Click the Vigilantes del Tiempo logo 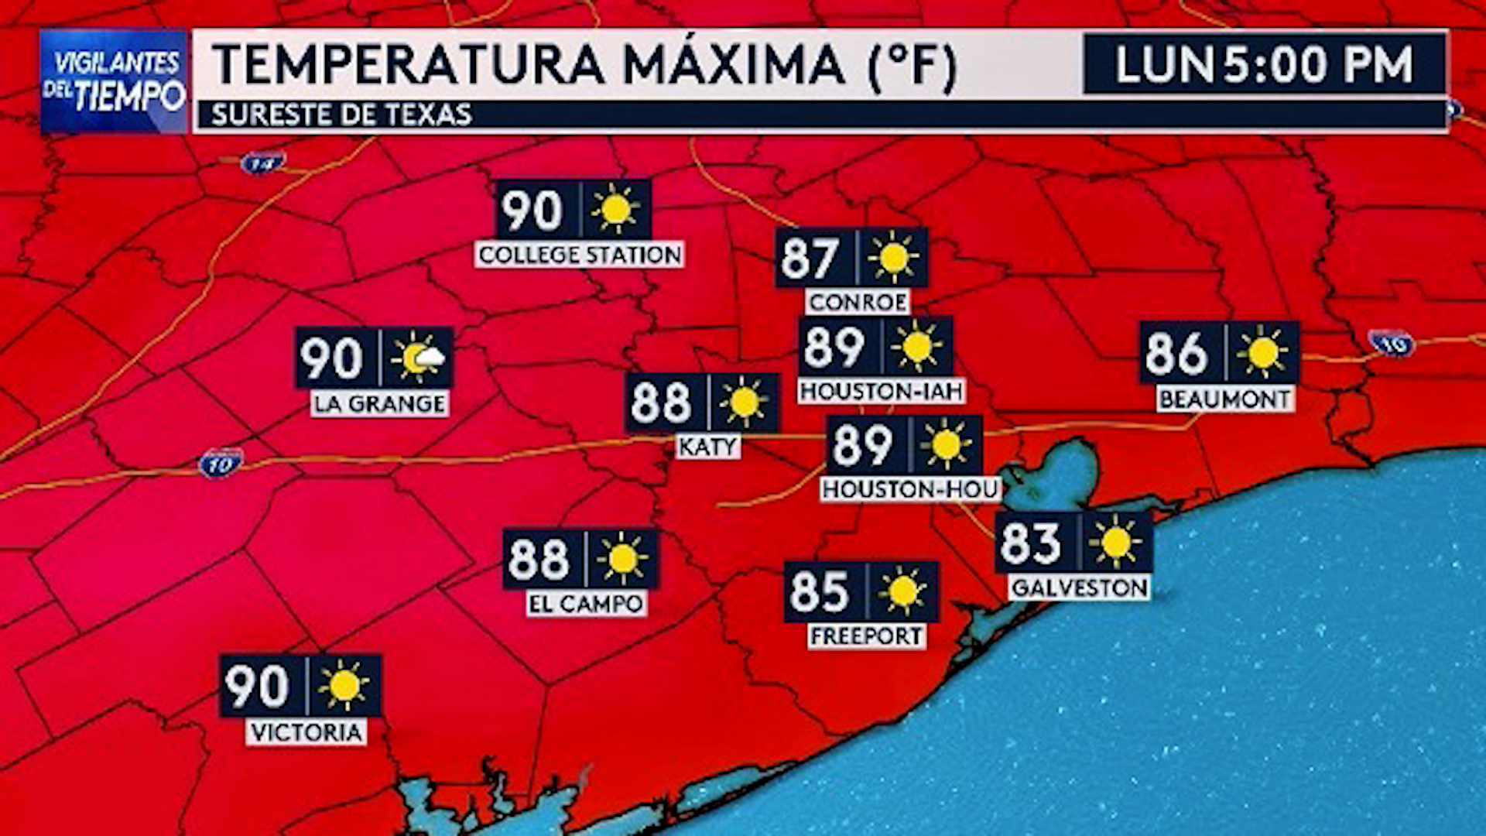(114, 81)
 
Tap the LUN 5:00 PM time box (1264, 64)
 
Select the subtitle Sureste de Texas (341, 115)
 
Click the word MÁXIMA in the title (733, 64)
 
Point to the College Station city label (580, 255)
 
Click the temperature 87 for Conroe (810, 258)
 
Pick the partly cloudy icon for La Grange (418, 358)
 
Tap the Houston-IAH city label (881, 391)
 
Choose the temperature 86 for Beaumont (1176, 353)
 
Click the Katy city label (707, 447)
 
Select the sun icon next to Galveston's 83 (1115, 542)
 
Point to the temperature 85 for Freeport (820, 592)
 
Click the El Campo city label (586, 604)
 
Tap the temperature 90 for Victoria (258, 686)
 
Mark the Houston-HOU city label (910, 489)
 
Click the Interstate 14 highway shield (262, 163)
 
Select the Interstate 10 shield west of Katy (221, 464)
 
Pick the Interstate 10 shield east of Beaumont (1392, 343)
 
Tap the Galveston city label (1079, 588)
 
